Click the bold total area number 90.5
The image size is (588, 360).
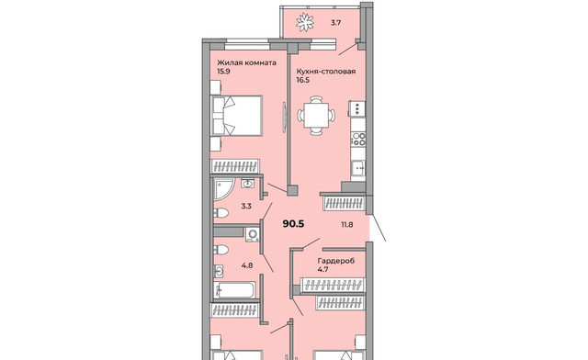click(x=293, y=224)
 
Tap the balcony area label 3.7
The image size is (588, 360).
click(x=335, y=23)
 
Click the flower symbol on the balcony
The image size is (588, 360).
click(x=304, y=22)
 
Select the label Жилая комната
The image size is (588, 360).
click(x=247, y=63)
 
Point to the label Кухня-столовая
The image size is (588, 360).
click(x=326, y=72)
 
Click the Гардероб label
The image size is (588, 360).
click(x=336, y=261)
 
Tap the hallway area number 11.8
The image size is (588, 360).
click(x=347, y=225)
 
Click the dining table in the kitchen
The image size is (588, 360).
click(x=316, y=115)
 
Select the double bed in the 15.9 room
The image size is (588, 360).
click(x=237, y=116)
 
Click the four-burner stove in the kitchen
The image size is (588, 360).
click(x=358, y=139)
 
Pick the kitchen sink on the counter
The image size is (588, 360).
click(x=358, y=166)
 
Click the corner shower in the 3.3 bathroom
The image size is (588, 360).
click(x=224, y=189)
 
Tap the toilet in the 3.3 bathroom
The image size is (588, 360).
click(x=220, y=213)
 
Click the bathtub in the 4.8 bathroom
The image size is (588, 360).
click(x=235, y=290)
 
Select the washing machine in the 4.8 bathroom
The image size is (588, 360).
click(x=254, y=234)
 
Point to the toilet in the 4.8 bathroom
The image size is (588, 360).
click(x=220, y=250)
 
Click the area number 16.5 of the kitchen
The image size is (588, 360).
click(x=302, y=80)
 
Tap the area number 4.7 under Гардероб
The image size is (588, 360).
click(x=322, y=269)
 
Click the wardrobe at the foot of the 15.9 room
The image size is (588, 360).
click(x=235, y=166)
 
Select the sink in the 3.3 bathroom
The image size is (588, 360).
click(x=247, y=184)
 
